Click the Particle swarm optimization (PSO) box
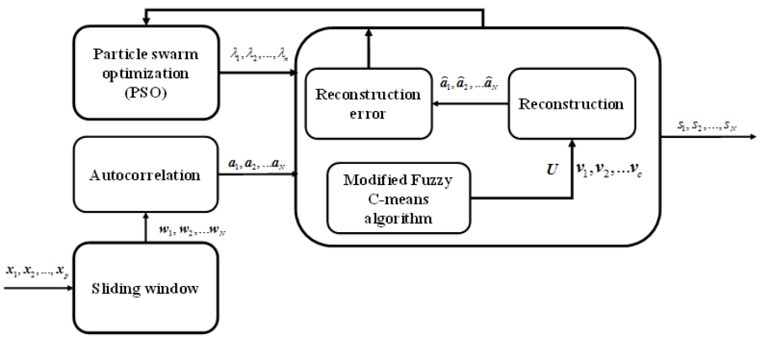point(146,73)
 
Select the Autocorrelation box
point(146,175)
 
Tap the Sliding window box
point(146,289)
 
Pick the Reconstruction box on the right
point(571,103)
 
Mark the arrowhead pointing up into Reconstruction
point(571,144)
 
